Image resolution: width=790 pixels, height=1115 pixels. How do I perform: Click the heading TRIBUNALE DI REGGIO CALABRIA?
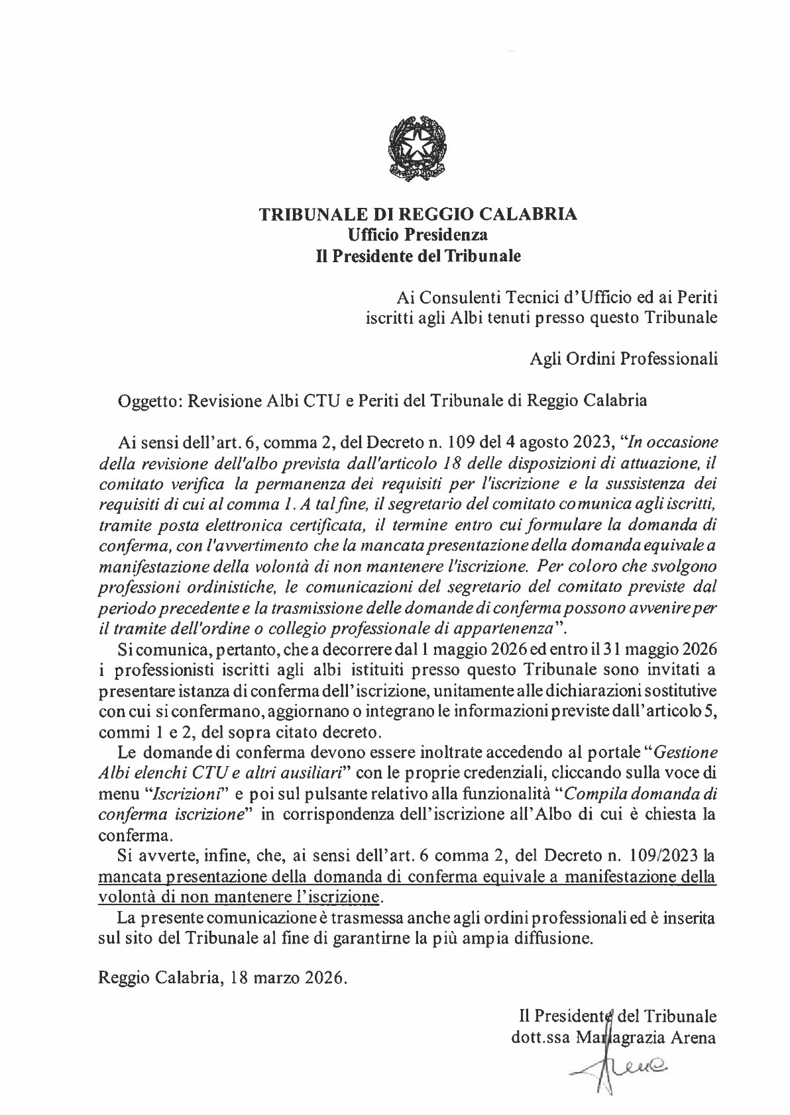pos(418,215)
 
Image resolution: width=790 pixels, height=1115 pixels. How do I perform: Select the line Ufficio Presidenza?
pos(418,234)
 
